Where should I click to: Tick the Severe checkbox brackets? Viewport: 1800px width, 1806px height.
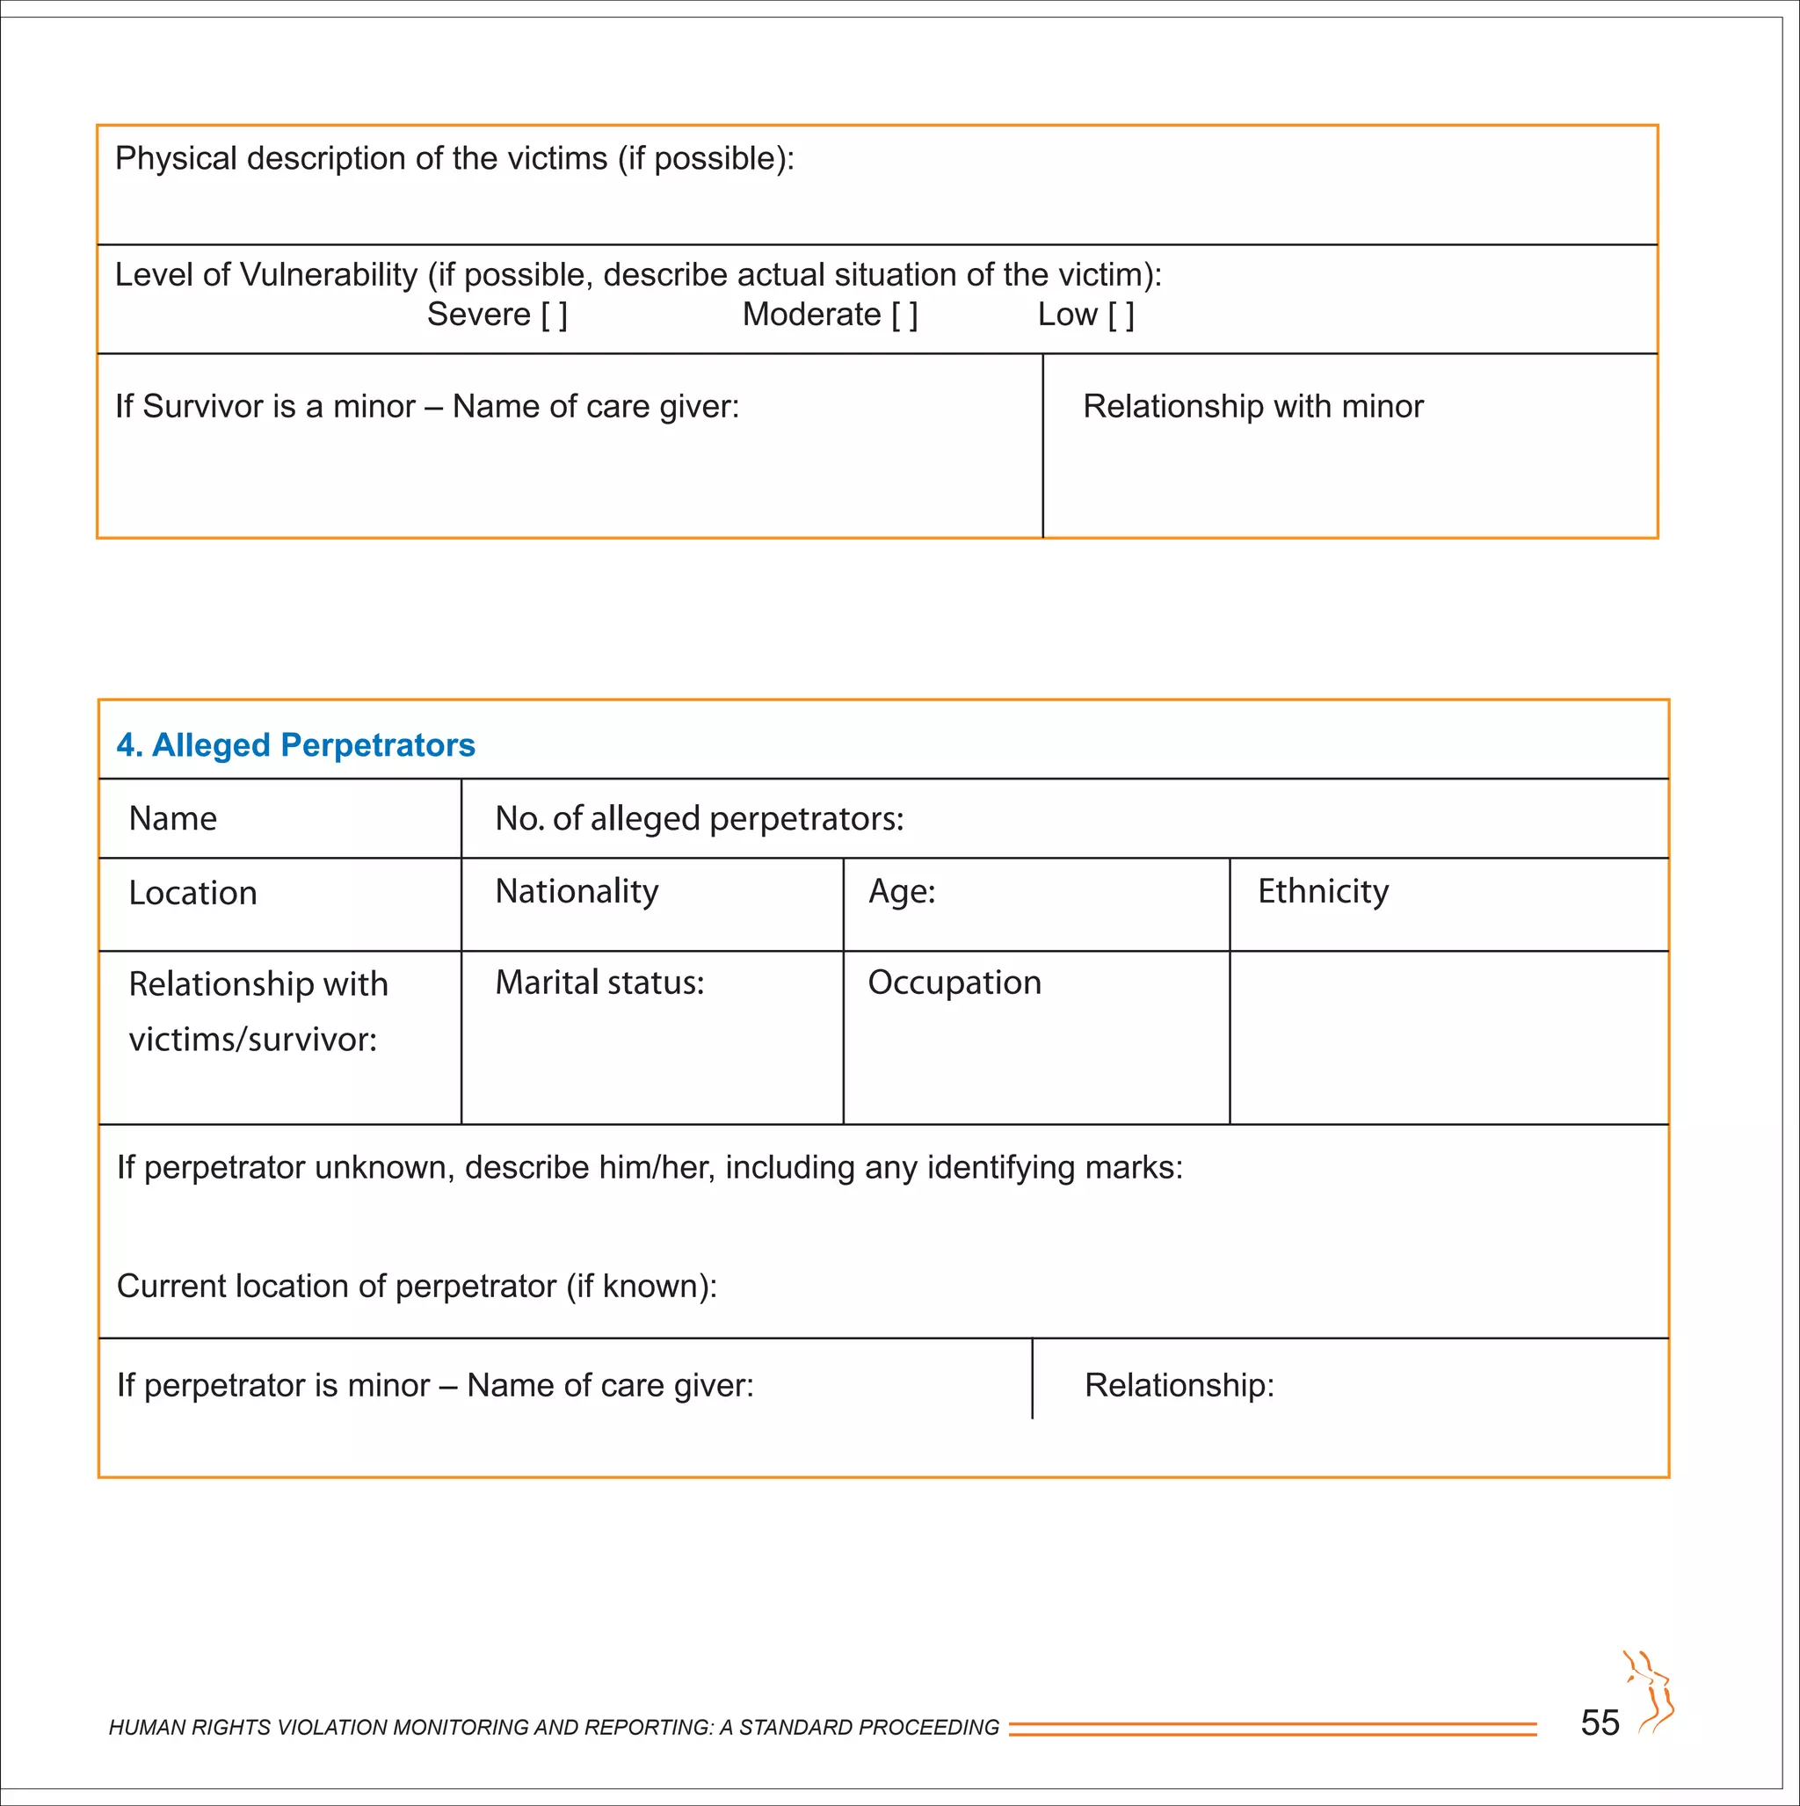click(x=555, y=315)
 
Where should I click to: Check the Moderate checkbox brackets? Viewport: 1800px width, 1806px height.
click(x=904, y=315)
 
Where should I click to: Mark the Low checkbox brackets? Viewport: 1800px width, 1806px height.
click(x=1121, y=315)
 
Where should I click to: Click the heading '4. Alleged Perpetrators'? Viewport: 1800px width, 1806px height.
click(x=295, y=745)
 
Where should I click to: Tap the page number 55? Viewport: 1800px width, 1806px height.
click(x=1600, y=1723)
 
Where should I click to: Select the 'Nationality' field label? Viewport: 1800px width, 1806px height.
click(x=576, y=892)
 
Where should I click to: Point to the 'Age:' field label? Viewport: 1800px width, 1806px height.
click(x=902, y=892)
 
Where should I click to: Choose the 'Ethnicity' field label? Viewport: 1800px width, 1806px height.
click(x=1322, y=892)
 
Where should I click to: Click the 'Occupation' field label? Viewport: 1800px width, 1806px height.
click(x=954, y=983)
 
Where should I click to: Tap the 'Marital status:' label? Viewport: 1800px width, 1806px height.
click(x=599, y=983)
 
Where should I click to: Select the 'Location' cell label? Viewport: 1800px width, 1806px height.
click(x=192, y=894)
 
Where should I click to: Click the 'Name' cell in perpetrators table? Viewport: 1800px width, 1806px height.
click(x=173, y=819)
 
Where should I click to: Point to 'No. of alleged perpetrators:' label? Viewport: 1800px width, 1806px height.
click(x=700, y=819)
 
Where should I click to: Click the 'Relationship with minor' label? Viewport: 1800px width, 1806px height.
click(x=1252, y=407)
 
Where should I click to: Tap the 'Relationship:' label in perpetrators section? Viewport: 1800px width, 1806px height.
click(x=1179, y=1385)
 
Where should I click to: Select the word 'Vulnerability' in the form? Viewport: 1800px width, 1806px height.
click(x=328, y=275)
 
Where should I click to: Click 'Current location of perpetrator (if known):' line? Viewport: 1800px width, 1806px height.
click(x=417, y=1287)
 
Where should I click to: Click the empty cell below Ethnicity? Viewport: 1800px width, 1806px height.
click(x=1448, y=1038)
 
